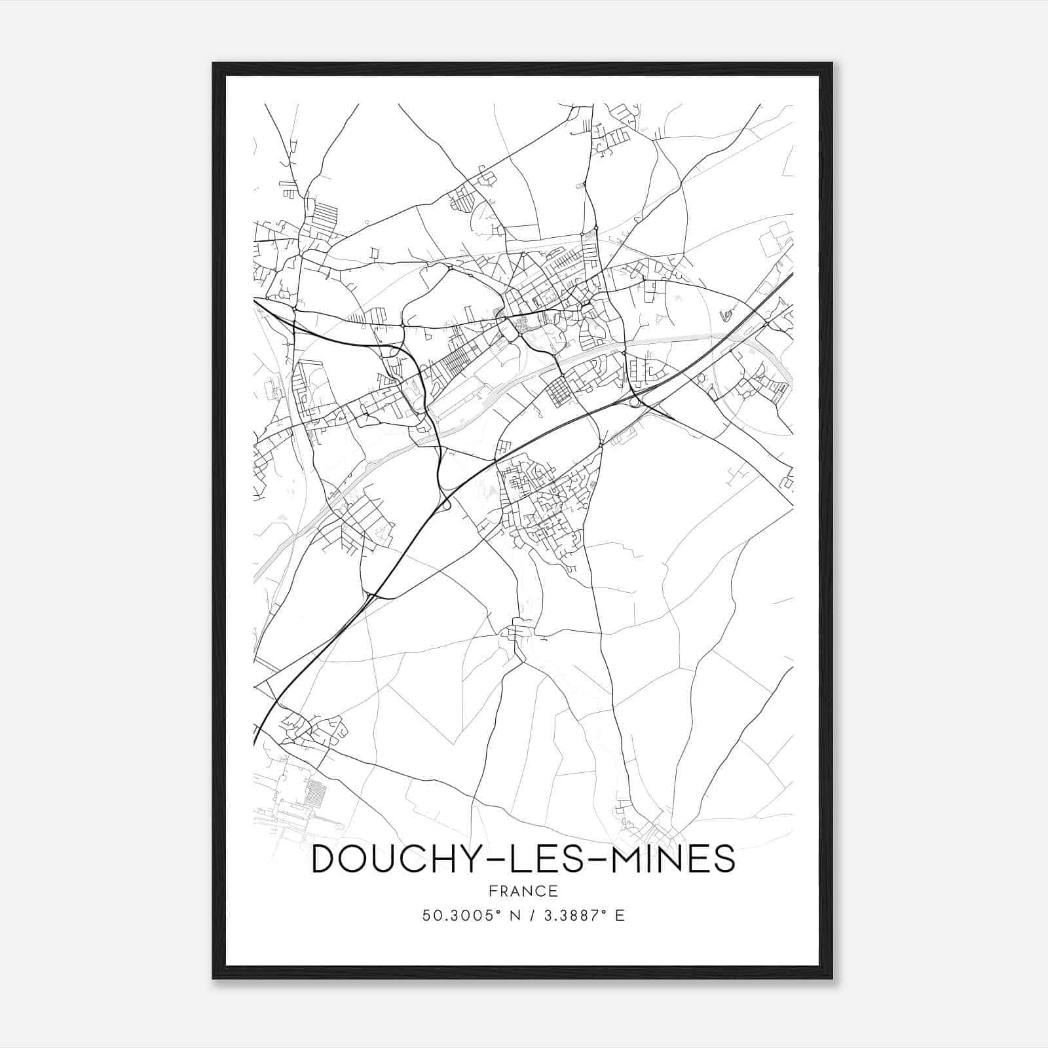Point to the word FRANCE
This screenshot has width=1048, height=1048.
pos(523,891)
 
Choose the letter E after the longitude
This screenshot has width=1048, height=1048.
pos(620,915)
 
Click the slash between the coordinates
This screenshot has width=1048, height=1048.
pos(532,915)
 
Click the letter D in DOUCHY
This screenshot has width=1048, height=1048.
pos(326,859)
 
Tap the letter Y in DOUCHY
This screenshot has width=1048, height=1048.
pos(478,859)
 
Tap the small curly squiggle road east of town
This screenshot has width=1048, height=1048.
pos(728,317)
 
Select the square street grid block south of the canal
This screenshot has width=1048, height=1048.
pos(559,392)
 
